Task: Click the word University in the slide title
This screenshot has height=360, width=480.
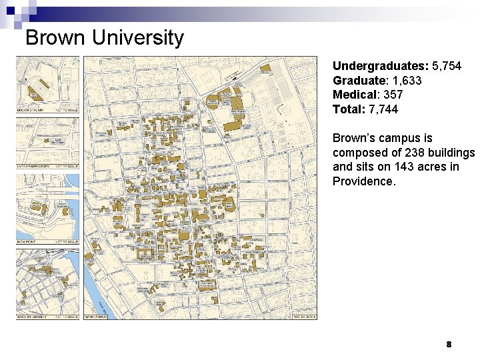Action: pos(137,37)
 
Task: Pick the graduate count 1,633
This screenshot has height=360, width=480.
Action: pos(407,81)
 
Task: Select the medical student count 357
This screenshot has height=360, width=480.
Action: pos(393,95)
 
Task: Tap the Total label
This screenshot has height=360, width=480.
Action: pos(347,109)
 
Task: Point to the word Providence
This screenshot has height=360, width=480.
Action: pos(364,181)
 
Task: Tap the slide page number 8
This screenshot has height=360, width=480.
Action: pos(449,345)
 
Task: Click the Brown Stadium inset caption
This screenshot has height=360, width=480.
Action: pos(30,110)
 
